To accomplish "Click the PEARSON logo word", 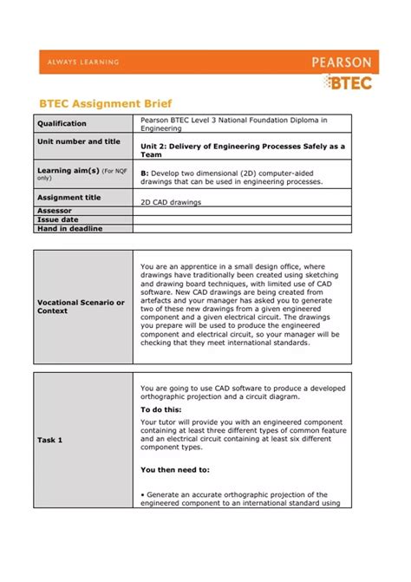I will click(342, 62).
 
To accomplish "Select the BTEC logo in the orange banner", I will click(349, 82).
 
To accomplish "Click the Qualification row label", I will click(62, 123).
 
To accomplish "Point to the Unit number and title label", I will click(78, 141).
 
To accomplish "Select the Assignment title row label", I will click(68, 197).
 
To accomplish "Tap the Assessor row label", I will click(55, 211).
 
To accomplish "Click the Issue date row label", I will click(57, 219).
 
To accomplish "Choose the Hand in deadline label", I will click(69, 228).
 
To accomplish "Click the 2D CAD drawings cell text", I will click(170, 201).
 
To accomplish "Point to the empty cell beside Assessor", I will click(243, 211).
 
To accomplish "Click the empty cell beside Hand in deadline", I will click(243, 228).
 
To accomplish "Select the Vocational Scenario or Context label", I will click(81, 306).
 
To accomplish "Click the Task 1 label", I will click(49, 440).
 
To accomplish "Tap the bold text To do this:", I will click(161, 409).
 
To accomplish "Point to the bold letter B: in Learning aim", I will click(144, 173).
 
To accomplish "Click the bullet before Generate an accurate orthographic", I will click(142, 494).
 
